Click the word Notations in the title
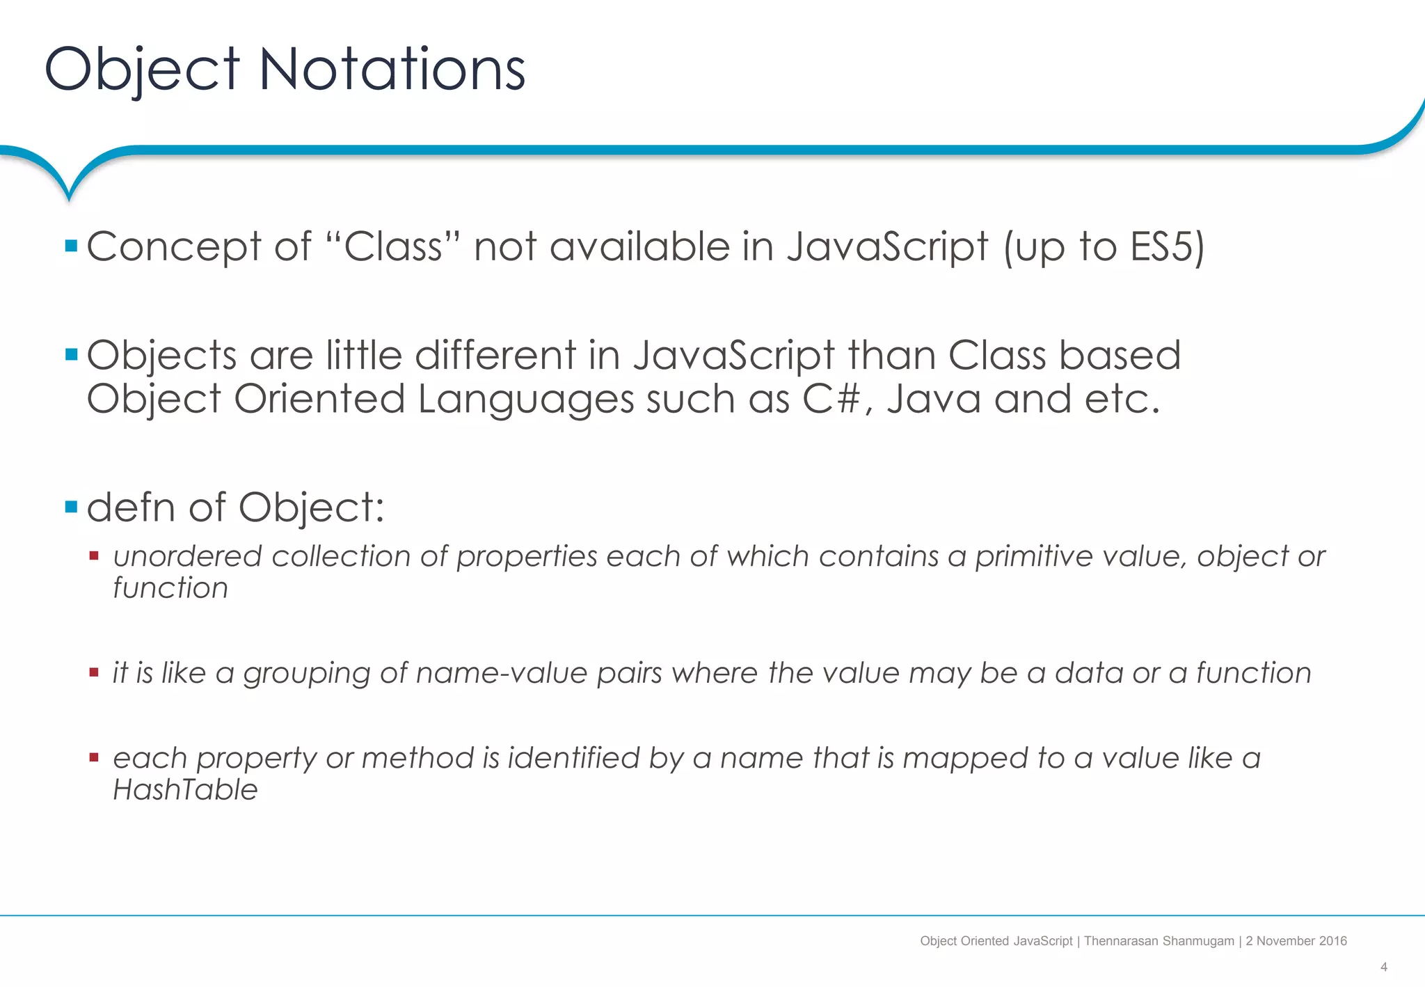[392, 70]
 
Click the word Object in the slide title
[142, 70]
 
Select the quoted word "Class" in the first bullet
[393, 246]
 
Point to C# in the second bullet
[832, 400]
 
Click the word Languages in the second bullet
[525, 400]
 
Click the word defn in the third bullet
[131, 507]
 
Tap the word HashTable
[185, 790]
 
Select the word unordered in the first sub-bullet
[187, 557]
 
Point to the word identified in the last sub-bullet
[573, 758]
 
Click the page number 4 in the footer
[1383, 967]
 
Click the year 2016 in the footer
[1332, 941]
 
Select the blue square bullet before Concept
[71, 246]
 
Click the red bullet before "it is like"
[94, 672]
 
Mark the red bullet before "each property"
[94, 757]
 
